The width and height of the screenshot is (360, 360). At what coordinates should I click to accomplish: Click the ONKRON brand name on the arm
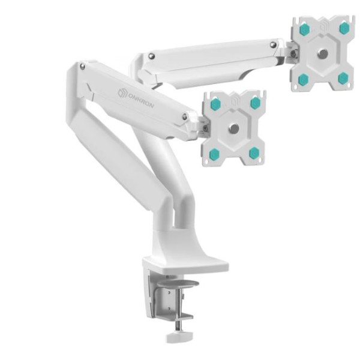(x=142, y=99)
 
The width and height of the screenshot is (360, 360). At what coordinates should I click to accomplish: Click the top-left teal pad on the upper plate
(x=304, y=29)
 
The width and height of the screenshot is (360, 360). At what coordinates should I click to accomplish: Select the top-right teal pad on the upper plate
(x=344, y=28)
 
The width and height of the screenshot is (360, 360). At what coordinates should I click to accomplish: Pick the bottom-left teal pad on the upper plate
(x=304, y=79)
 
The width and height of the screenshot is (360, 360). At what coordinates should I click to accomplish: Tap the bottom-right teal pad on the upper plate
(x=343, y=78)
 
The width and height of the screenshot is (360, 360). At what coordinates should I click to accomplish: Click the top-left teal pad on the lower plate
(x=215, y=104)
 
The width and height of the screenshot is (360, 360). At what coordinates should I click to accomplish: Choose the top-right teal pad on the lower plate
(x=255, y=103)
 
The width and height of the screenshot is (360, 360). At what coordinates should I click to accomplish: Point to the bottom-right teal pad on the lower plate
(x=254, y=152)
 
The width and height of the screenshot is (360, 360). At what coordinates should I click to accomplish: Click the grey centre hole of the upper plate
(x=323, y=54)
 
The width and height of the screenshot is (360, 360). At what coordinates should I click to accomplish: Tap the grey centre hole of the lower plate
(x=234, y=128)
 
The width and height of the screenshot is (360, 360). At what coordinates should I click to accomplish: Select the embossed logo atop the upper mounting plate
(x=325, y=25)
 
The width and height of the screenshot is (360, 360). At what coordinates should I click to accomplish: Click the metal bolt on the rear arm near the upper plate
(x=274, y=44)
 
